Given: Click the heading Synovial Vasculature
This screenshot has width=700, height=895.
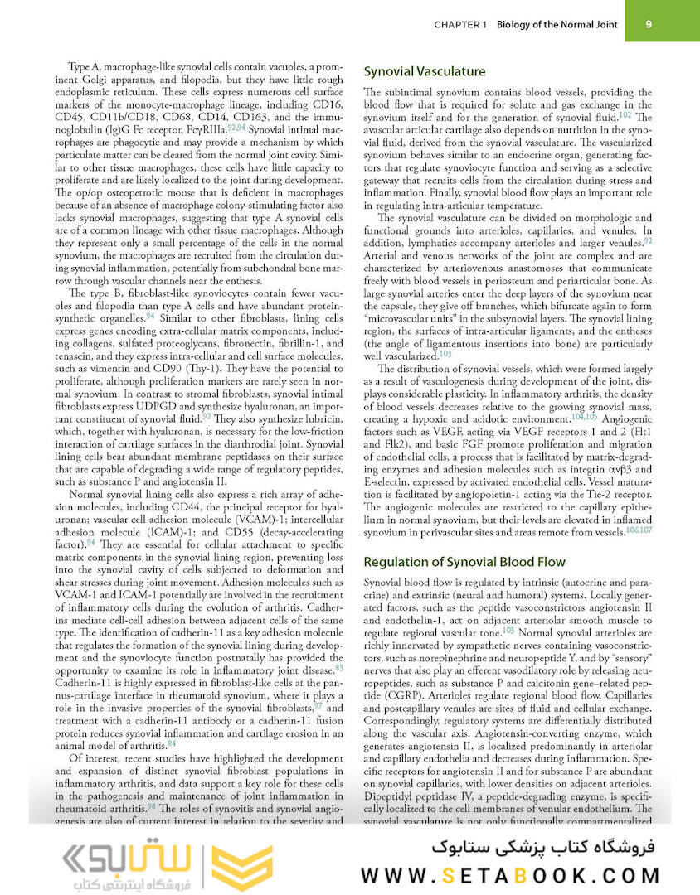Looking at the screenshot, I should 425,71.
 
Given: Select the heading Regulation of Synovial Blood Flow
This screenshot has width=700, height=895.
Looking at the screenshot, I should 464,561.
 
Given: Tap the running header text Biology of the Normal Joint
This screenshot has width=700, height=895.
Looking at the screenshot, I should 557,25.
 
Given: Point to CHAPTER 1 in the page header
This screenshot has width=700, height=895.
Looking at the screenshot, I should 460,25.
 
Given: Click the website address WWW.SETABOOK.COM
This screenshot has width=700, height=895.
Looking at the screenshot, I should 511,875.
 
